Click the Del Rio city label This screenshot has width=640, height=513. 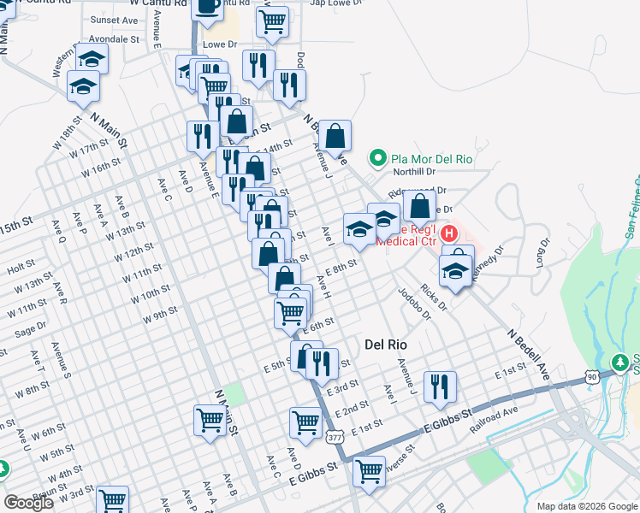(385, 344)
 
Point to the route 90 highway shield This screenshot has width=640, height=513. (592, 375)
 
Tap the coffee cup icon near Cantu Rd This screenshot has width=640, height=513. (208, 6)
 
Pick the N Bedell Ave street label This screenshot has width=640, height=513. (528, 352)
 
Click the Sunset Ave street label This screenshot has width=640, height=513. (114, 20)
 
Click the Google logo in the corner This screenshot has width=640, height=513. (28, 503)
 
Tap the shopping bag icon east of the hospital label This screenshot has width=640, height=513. (419, 205)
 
